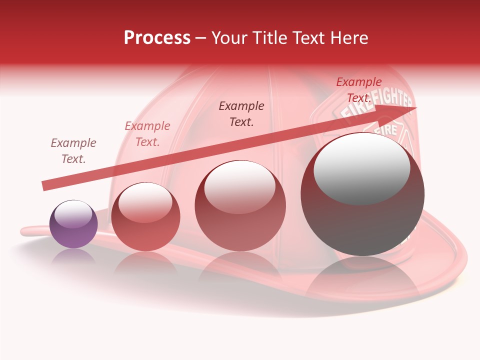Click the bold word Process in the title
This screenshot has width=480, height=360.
157,38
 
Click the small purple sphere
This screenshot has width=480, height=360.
73,224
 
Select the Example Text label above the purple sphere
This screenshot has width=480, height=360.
73,151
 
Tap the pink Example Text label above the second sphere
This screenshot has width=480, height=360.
147,134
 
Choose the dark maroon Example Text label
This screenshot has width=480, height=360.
241,113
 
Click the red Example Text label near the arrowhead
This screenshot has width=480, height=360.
358,90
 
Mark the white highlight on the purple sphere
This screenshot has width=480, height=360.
76,214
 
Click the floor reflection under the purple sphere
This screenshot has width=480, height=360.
74,256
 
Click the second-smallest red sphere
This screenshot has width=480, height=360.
145,216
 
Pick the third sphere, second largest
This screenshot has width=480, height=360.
240,205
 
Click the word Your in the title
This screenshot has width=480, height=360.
229,38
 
